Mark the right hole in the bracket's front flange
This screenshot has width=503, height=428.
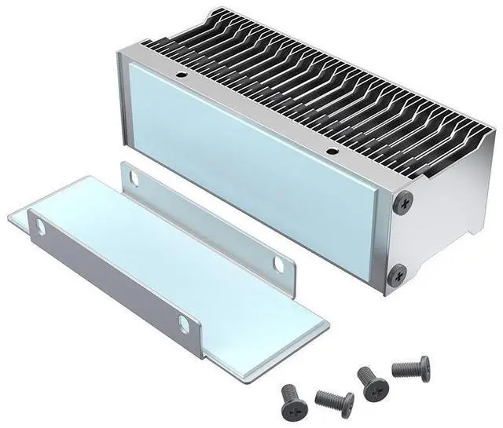[x=183, y=323]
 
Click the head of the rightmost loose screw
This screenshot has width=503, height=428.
[x=424, y=365]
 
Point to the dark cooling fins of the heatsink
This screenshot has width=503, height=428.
[x=314, y=86]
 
